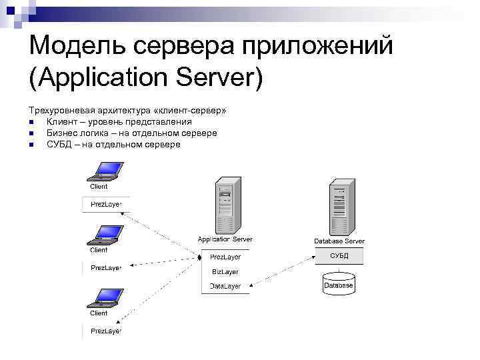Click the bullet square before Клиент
click(31, 122)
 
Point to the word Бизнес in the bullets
click(63, 133)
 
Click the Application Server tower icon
click(225, 206)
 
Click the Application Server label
click(225, 239)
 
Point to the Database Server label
click(339, 241)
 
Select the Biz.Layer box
click(225, 272)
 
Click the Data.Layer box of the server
click(225, 286)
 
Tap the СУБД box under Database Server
click(339, 256)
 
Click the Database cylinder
click(339, 284)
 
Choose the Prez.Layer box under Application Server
click(225, 257)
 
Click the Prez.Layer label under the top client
click(106, 204)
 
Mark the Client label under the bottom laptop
click(99, 313)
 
